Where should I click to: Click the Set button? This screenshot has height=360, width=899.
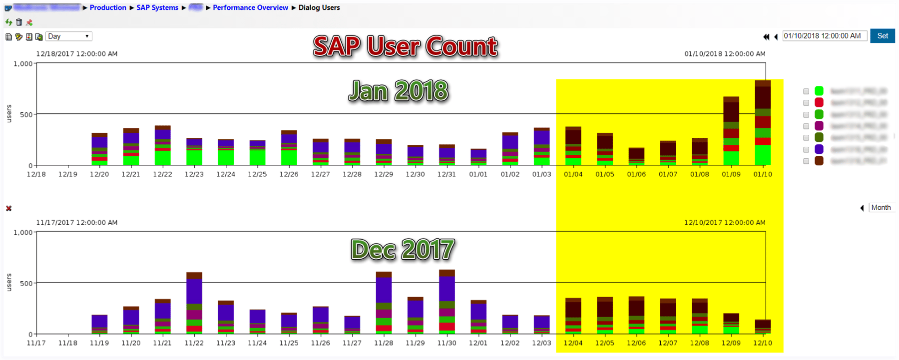click(882, 36)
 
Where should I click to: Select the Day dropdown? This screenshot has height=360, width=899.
click(69, 36)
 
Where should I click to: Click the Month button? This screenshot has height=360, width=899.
click(881, 208)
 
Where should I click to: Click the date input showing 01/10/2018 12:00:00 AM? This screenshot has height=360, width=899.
click(824, 36)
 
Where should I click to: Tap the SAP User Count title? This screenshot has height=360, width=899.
click(405, 46)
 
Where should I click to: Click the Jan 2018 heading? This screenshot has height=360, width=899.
click(399, 91)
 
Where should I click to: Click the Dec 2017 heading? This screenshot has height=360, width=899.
click(403, 249)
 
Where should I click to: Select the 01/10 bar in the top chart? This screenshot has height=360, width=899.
click(763, 123)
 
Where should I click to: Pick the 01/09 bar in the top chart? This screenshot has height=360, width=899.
click(731, 131)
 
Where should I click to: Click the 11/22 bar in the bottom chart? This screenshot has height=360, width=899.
click(194, 303)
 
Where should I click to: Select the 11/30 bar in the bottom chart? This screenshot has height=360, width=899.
click(447, 302)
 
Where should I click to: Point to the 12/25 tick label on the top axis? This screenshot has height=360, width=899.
click(257, 174)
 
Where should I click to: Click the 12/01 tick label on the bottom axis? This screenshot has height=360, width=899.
click(478, 343)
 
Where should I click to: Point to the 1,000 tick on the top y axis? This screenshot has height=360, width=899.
click(23, 64)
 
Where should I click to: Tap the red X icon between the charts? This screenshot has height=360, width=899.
click(9, 208)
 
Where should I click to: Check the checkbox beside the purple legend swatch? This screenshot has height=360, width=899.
click(806, 149)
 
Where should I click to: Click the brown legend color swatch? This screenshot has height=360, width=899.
click(819, 161)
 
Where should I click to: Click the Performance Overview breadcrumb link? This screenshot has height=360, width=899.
click(250, 7)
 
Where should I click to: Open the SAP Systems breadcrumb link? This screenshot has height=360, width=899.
click(157, 7)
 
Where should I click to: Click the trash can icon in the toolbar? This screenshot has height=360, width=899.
click(19, 22)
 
